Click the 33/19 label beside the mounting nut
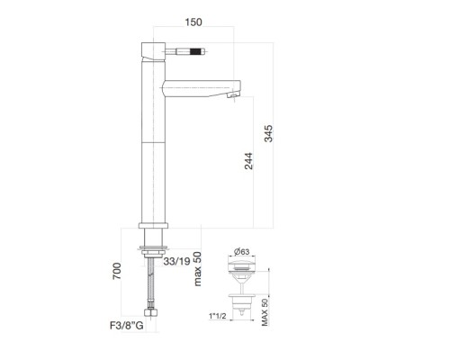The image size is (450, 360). point(177,261)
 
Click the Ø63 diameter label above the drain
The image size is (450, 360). point(242,251)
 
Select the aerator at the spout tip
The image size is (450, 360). point(236,93)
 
